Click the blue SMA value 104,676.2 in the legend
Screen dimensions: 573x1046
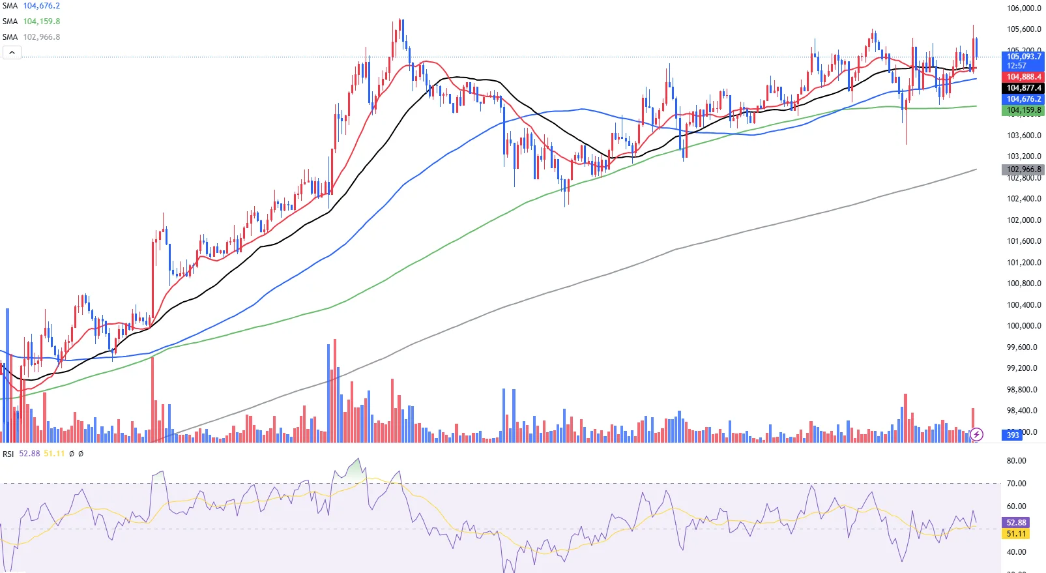41,6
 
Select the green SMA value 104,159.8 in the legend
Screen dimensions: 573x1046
41,22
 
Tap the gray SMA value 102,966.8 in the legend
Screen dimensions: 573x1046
41,37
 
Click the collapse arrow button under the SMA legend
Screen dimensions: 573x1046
12,52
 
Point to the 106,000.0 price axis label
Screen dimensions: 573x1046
1024,8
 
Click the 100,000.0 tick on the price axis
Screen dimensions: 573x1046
1024,326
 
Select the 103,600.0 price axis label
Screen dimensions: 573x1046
1024,136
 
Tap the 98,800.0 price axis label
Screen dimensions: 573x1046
1024,390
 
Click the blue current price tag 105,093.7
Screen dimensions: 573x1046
1023,57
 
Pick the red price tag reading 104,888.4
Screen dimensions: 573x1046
1023,77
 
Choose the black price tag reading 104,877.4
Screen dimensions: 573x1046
1023,88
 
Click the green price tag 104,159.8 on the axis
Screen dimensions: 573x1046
1023,110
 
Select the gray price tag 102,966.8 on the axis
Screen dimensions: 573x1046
1023,169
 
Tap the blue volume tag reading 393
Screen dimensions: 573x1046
1013,435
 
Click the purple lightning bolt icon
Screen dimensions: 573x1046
976,434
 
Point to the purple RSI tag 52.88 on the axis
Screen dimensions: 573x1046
1016,523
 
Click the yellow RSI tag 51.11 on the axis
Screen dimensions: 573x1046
1016,534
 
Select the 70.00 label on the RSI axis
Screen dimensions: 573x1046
1016,484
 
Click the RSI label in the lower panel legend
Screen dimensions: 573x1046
8,454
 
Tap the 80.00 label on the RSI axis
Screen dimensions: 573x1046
1016,461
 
